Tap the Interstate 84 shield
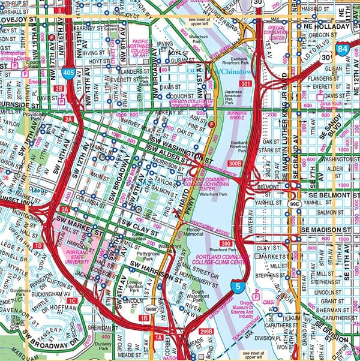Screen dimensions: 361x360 [341, 49]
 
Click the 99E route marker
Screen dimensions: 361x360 [295, 204]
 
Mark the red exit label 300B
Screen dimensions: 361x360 [235, 163]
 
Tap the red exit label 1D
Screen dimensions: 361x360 [38, 246]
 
